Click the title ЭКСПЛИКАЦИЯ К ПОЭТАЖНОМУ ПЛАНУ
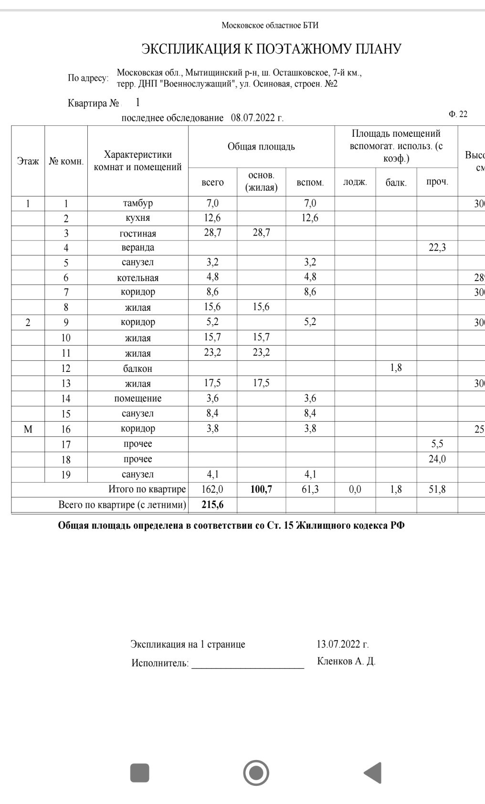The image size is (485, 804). coord(271,49)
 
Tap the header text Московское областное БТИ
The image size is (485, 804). coord(270,25)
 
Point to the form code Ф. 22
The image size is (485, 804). coord(458,114)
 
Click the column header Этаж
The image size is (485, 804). coord(28,161)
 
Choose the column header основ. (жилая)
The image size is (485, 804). coord(261,182)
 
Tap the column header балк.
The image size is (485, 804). coord(396,182)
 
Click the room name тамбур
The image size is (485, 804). coord(137,203)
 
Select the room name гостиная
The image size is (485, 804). coord(137,233)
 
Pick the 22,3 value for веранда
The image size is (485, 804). coord(437,248)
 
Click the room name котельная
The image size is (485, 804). coord(137,278)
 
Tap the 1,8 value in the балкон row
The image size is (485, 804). coord(396,368)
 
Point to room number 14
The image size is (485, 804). coord(66,399)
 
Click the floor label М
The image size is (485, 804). coord(28,429)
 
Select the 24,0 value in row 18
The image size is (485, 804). coord(437,459)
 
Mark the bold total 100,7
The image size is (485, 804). coord(261,489)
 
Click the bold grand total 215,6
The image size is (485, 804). coord(212,505)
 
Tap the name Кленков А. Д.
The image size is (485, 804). coord(346,662)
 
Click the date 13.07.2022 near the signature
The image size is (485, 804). coord(342,644)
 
